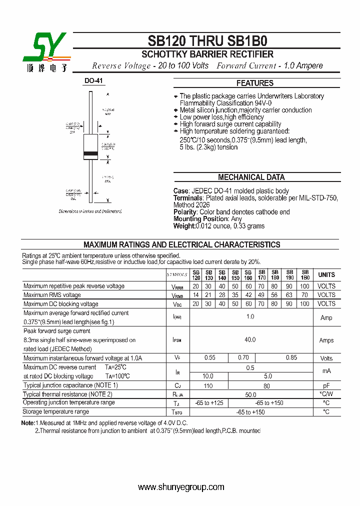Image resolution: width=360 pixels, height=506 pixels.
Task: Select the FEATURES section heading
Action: (255, 83)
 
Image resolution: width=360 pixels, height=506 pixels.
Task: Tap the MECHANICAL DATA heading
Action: (251, 177)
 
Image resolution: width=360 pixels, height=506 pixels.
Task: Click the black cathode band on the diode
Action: (91, 153)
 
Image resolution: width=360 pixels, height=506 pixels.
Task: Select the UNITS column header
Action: (326, 275)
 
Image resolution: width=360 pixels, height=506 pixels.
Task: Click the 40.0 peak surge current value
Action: (250, 340)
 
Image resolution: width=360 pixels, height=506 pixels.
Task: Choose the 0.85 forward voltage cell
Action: (291, 358)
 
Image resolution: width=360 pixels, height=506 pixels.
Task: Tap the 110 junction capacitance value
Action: (208, 385)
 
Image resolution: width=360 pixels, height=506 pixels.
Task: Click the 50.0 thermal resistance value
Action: (250, 394)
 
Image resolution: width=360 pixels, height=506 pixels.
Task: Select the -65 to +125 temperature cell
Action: (208, 403)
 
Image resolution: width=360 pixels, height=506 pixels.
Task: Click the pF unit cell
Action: (326, 385)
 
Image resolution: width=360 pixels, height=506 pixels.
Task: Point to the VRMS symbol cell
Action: (177, 295)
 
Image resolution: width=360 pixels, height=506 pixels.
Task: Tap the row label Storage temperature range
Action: (56, 411)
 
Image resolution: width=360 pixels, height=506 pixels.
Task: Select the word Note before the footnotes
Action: (28, 423)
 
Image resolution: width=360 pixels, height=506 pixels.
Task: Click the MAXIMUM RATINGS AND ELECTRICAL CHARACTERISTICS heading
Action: (181, 245)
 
